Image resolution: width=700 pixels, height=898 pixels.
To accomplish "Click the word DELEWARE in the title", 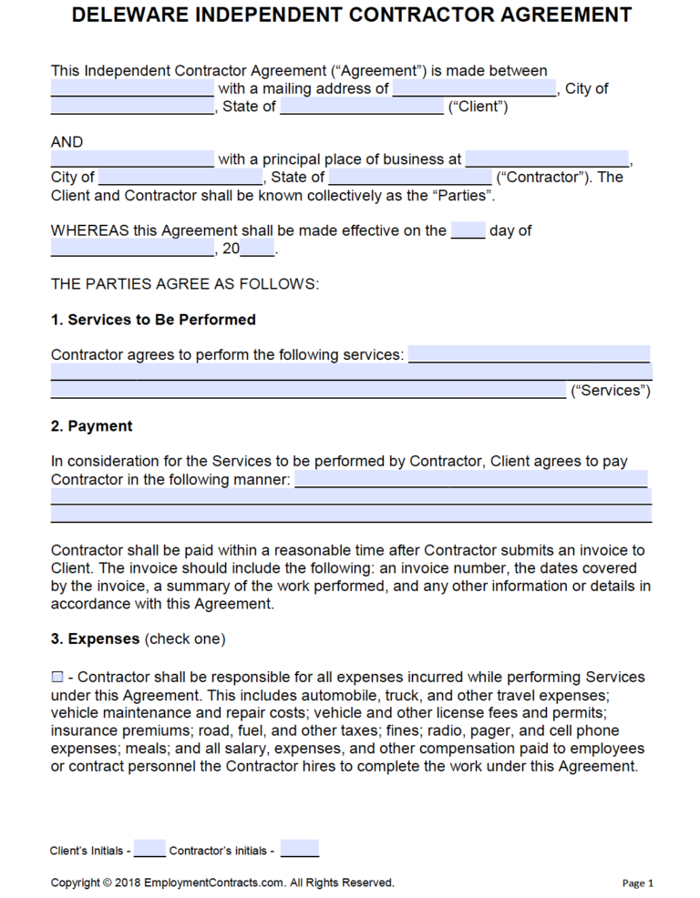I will point(129,15).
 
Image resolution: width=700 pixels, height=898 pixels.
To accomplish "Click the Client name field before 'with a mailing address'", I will point(132,89).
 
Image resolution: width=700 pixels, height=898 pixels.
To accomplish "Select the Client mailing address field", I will point(474,89).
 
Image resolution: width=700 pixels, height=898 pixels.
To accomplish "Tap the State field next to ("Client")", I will point(362,107).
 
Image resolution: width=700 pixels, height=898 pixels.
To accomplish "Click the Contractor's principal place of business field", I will point(547,159).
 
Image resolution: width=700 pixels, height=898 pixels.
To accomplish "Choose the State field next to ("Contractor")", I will point(410,177).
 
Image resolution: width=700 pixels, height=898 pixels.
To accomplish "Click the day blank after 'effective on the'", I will point(468,230).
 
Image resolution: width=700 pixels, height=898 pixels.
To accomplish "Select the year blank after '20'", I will point(258,249).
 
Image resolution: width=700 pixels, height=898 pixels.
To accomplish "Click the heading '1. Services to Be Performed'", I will point(153,320).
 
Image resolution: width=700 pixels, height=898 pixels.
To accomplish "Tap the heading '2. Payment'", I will point(91,426).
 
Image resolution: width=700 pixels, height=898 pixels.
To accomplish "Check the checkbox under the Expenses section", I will point(57,677).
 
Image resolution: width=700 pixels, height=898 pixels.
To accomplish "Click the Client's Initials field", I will point(150,850).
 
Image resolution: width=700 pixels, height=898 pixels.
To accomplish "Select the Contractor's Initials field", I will point(300,850).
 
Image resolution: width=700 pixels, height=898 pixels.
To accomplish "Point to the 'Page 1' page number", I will point(638,883).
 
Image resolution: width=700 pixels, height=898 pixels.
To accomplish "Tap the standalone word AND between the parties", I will point(67,142).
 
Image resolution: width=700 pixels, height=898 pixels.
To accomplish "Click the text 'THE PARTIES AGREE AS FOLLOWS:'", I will point(185,284).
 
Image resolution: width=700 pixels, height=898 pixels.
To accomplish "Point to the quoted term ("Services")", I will point(610,391).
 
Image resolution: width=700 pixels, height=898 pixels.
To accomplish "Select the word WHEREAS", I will point(89,230).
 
